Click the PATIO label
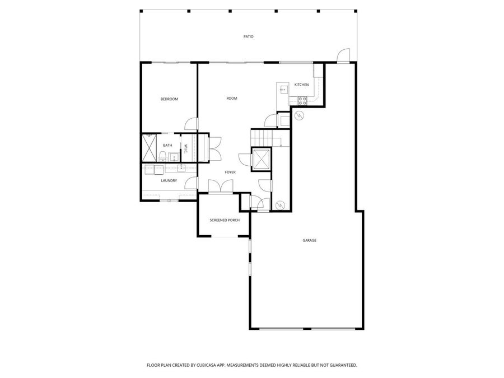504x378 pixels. [x=248, y=37]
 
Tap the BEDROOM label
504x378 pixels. [x=169, y=99]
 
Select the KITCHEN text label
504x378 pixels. [x=301, y=85]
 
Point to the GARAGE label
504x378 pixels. [x=310, y=240]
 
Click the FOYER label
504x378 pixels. [x=230, y=172]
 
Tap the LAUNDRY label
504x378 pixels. [x=169, y=180]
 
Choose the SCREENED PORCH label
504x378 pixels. [x=225, y=220]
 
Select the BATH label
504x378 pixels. [x=167, y=146]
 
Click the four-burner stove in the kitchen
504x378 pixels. [x=302, y=101]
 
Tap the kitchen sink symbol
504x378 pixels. [x=282, y=88]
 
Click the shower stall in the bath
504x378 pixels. [x=150, y=148]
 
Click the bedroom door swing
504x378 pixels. [x=192, y=124]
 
